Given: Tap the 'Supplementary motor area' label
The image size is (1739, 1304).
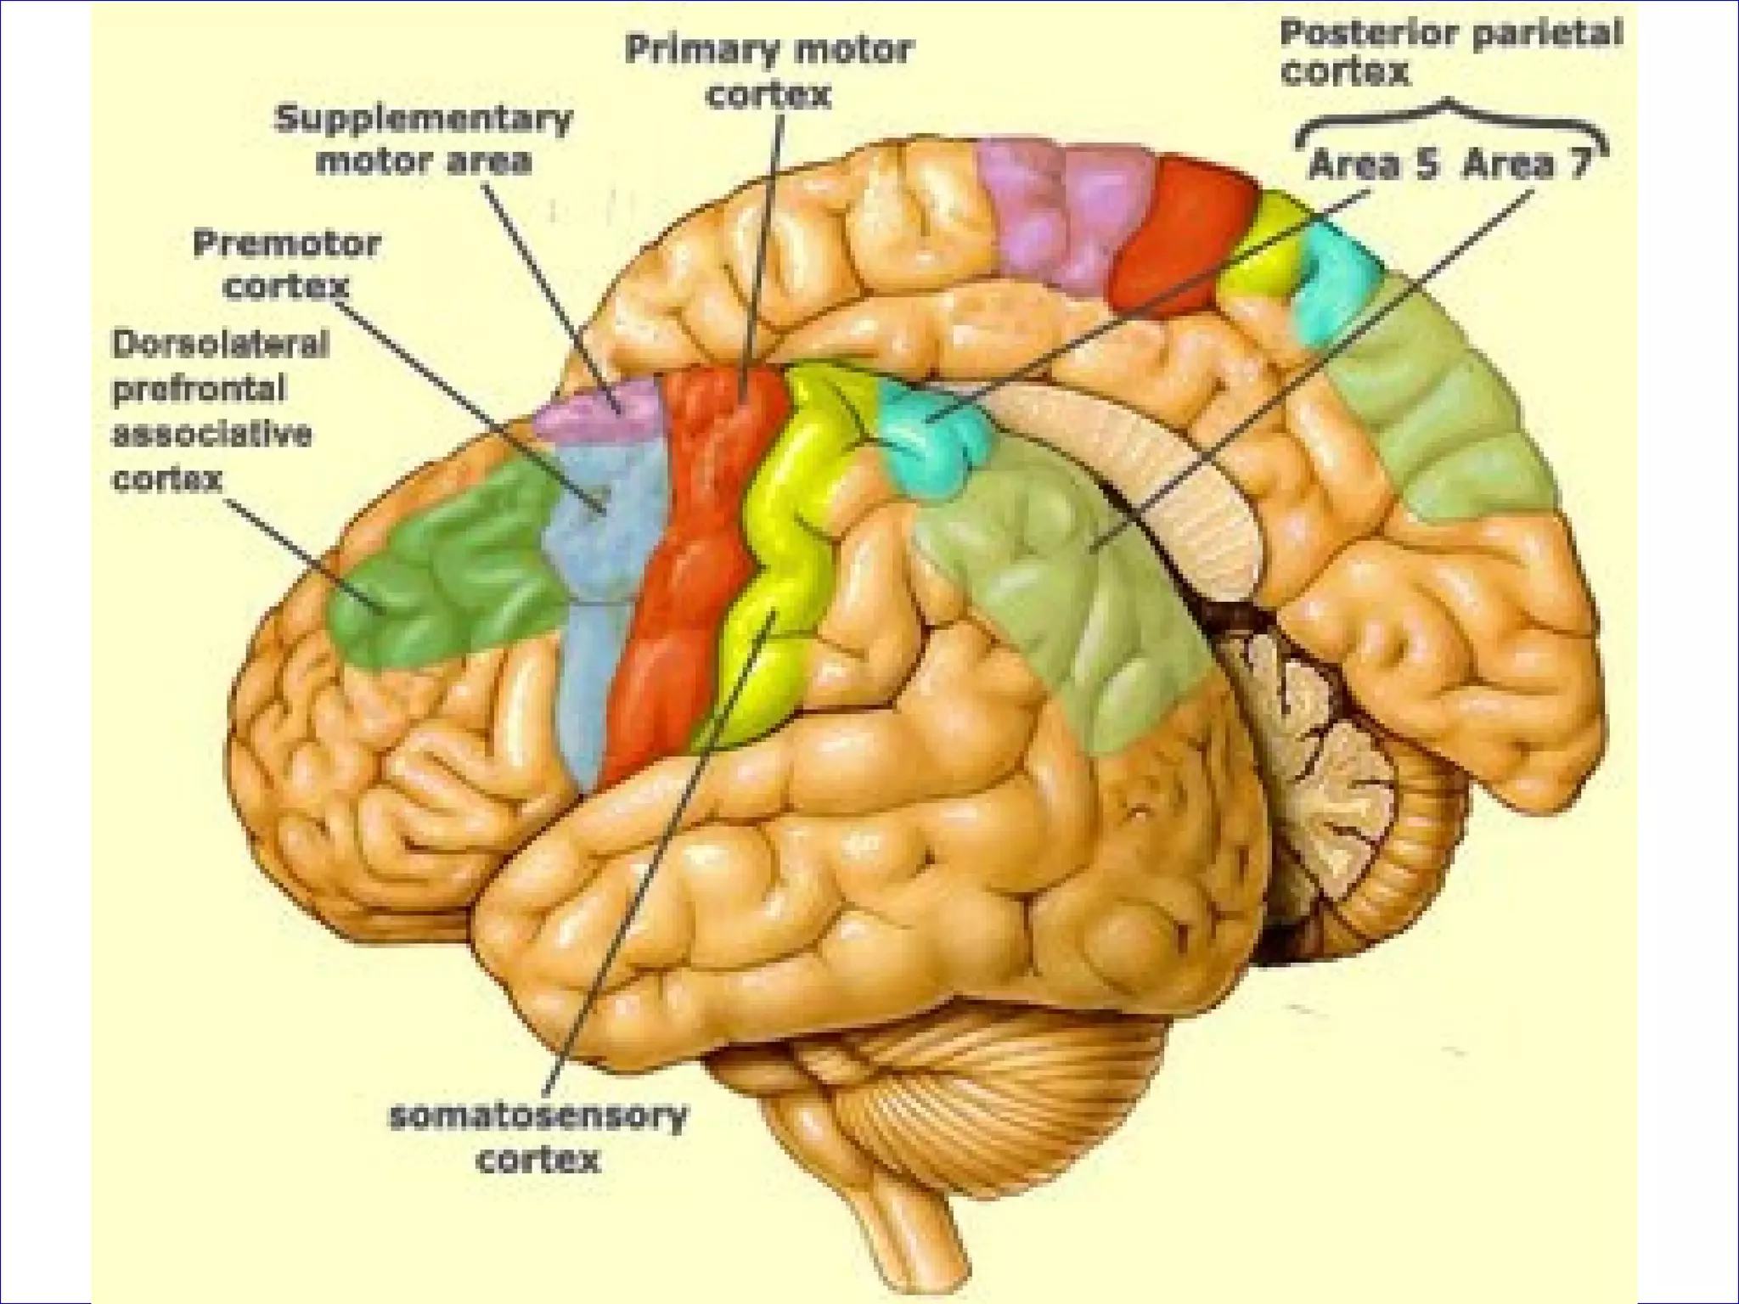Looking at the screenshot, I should pos(423,140).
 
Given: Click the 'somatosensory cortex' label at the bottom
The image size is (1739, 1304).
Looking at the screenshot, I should pos(537,1138).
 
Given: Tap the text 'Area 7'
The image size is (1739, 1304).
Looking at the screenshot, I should pos(1526,164).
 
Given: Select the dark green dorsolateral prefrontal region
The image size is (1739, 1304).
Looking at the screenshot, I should pos(442,577).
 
